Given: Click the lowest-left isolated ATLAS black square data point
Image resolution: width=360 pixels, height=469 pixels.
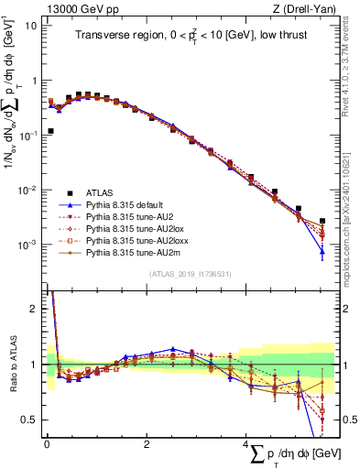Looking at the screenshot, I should point(50,131).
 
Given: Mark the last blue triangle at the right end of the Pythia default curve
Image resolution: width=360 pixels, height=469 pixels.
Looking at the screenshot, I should point(322,251).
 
